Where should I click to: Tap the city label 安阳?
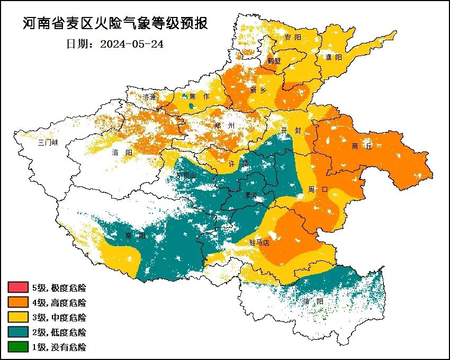[292, 38]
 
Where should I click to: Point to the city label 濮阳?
[334, 57]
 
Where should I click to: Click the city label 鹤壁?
[274, 60]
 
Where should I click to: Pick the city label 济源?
[150, 97]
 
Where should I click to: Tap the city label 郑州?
[224, 125]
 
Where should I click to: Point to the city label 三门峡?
[48, 143]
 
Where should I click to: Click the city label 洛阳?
[122, 152]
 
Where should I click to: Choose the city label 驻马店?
[259, 243]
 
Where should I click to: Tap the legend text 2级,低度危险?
[59, 332]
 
